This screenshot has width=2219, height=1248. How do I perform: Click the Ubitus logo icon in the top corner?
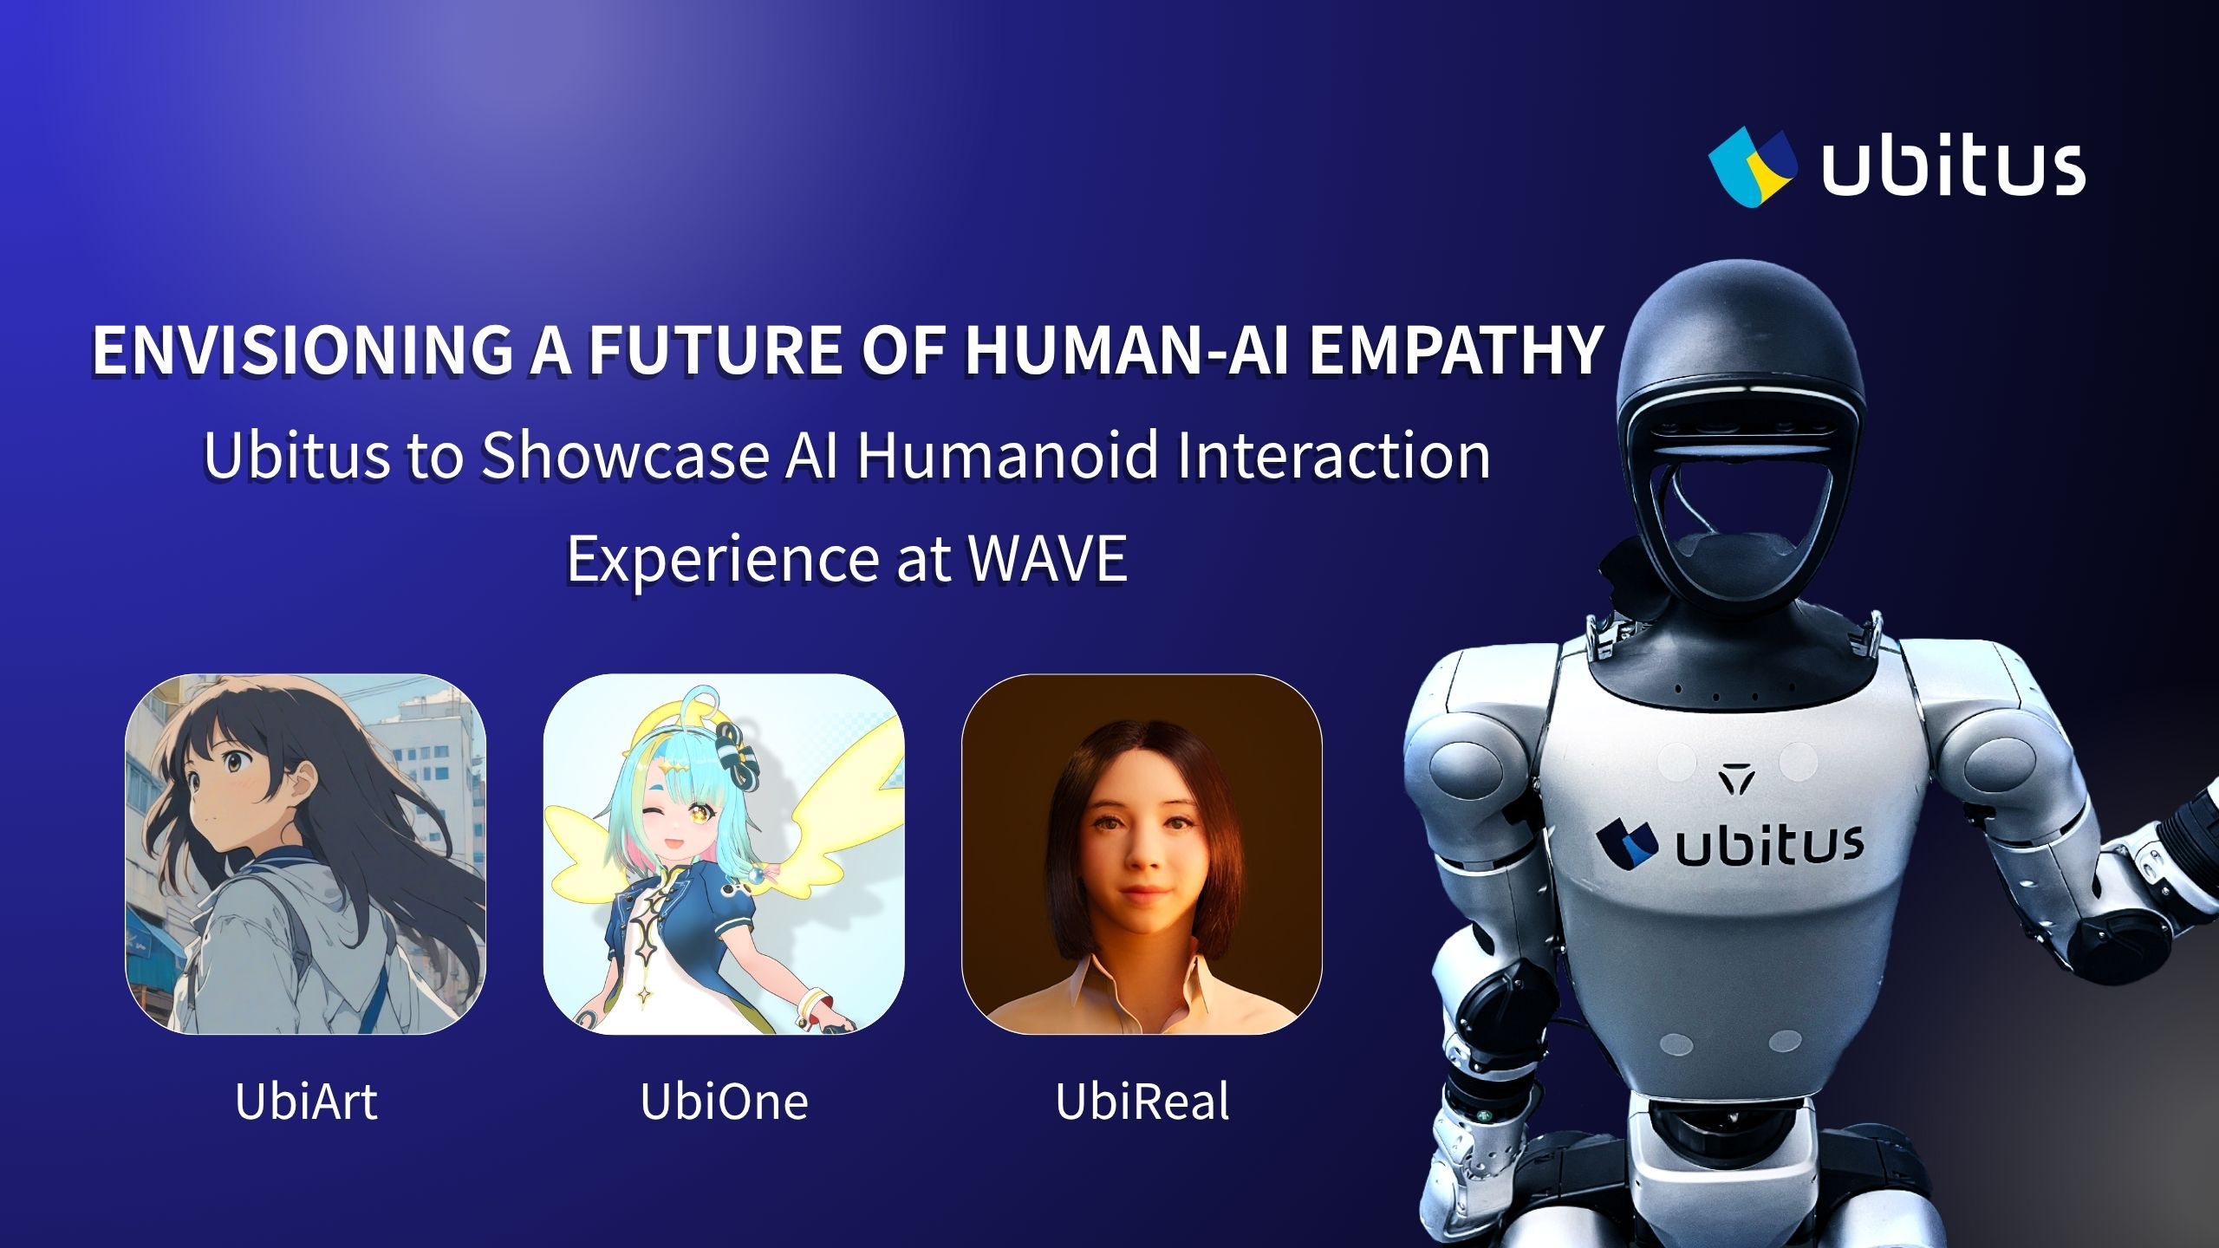tap(1752, 170)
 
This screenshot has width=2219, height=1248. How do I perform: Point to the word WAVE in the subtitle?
tap(1047, 558)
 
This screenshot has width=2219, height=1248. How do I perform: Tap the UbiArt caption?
tap(306, 1102)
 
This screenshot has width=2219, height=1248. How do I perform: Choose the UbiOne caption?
tap(724, 1102)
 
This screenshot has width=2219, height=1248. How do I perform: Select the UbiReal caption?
tap(1142, 1102)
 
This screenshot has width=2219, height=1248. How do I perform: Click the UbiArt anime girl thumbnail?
tap(306, 854)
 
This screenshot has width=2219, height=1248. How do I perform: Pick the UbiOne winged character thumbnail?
tap(724, 854)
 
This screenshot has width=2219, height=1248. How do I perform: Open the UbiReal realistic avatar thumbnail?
tap(1142, 854)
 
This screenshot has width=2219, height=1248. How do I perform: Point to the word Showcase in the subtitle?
tap(624, 456)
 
